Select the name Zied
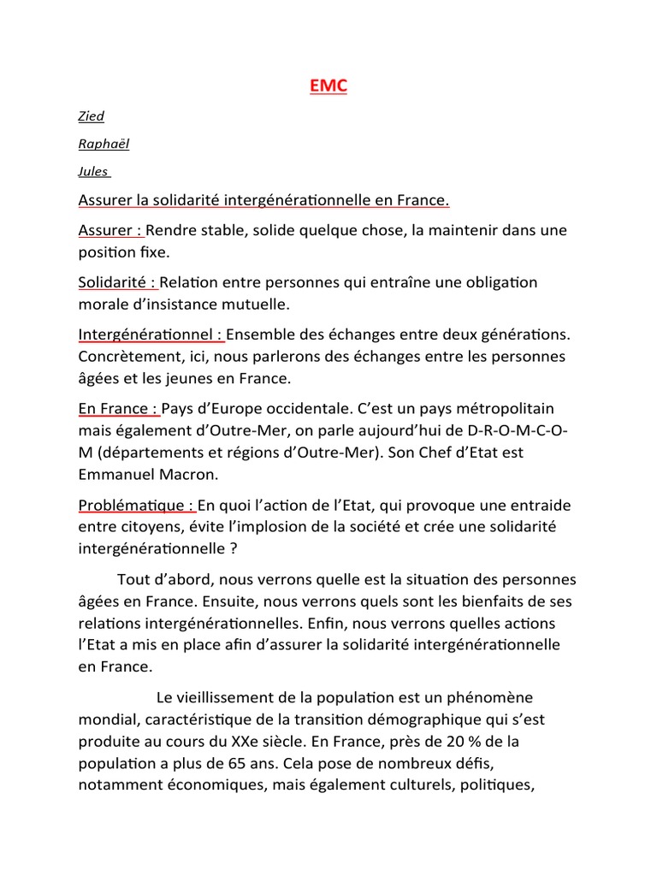[91, 116]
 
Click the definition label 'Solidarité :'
[117, 281]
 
